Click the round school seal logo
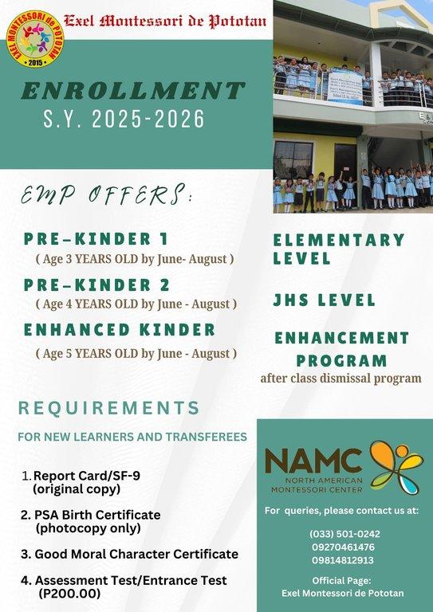click(x=33, y=35)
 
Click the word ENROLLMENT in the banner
click(x=132, y=90)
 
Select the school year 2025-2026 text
click(x=124, y=120)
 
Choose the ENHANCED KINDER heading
click(x=120, y=330)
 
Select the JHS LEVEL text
click(x=324, y=300)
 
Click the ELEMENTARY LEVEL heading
click(x=339, y=249)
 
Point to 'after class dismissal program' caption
click(x=340, y=378)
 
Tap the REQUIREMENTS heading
click(x=109, y=408)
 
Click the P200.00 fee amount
click(x=69, y=593)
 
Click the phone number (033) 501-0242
click(x=344, y=534)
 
